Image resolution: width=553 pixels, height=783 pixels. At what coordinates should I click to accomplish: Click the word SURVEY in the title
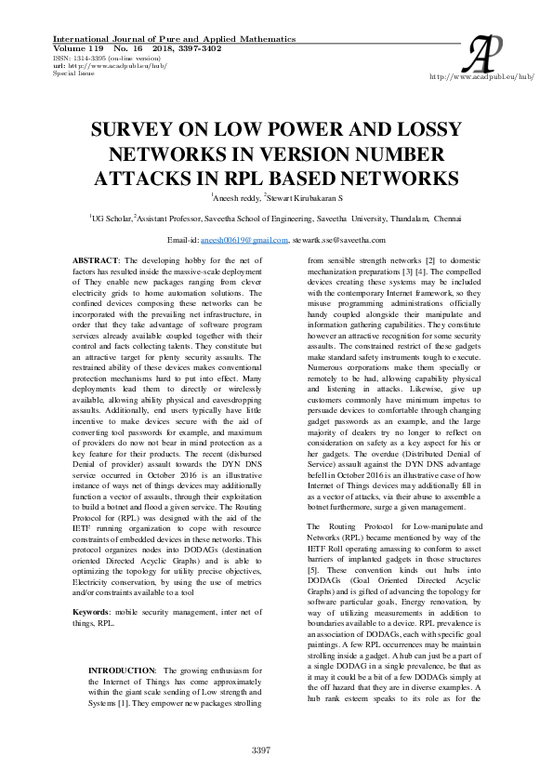point(134,130)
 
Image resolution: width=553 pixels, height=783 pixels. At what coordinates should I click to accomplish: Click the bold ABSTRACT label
point(95,259)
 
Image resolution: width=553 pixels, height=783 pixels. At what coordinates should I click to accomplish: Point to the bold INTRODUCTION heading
point(121,670)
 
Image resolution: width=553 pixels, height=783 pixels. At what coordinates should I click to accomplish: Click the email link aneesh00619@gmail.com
point(252,240)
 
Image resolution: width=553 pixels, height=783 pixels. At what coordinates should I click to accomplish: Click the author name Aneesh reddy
point(236,198)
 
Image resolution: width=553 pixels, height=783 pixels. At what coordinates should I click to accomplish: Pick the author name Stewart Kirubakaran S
point(305,198)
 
